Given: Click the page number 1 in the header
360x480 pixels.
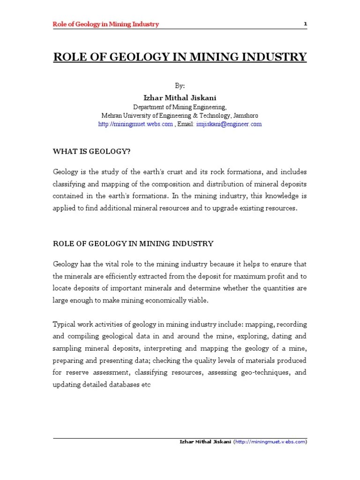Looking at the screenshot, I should point(305,24).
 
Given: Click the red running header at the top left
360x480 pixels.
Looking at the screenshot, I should point(105,24).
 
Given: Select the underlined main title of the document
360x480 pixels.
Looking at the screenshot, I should point(180,57).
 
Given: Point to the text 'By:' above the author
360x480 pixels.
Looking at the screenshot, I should point(180,86).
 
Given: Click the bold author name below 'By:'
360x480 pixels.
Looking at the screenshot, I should point(180,97).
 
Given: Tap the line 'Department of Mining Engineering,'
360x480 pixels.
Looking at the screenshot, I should point(180,107).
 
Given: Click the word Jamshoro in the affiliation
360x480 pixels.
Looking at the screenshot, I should point(245,115).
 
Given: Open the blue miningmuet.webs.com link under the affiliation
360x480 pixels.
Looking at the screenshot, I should point(135,124).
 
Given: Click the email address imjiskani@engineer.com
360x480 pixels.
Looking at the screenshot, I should point(229,124).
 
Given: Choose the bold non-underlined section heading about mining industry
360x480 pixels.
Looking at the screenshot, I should point(133,244).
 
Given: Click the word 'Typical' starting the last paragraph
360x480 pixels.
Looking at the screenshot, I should point(64,324).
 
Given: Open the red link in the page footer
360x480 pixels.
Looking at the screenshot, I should point(270,442).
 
